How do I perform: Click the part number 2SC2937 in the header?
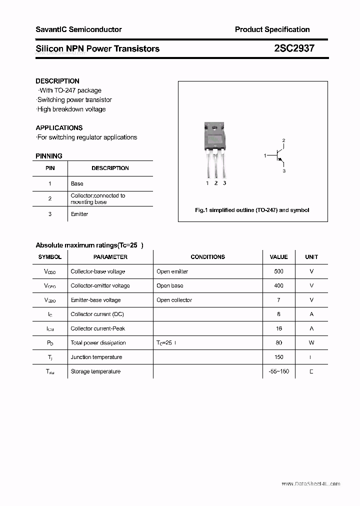coord(294,48)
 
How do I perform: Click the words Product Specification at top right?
coord(272,29)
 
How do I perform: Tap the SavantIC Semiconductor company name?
coord(78,29)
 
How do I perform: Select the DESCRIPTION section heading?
coord(57,81)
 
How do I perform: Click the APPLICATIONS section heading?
coord(59,127)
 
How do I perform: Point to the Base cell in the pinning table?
coord(77,183)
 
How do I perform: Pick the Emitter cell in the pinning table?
coord(79,214)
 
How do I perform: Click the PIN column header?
coord(50,168)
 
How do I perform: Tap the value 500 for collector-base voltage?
coord(278,271)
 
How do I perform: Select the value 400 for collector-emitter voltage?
coord(278,285)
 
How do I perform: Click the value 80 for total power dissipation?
coord(278,343)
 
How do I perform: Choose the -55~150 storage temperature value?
coord(278,371)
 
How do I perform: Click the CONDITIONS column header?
coord(207,257)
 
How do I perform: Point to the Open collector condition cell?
coord(174,300)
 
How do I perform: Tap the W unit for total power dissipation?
coord(311,343)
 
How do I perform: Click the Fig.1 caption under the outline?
coord(252,210)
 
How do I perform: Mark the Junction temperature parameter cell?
coord(96,357)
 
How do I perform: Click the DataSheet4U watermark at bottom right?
coord(310,484)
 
